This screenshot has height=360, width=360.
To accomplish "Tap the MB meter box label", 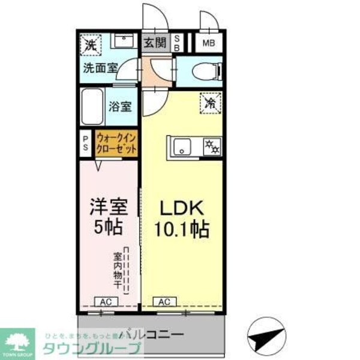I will pos(208,43).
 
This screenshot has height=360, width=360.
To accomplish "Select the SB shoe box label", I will pos(177,43).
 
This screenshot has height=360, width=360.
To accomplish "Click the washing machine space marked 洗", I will pos(91,44).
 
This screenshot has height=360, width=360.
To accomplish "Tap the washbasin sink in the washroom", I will pos(125,43).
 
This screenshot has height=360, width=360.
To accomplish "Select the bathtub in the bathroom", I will pos(92,107).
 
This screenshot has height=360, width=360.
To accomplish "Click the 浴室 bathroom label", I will pos(120,107).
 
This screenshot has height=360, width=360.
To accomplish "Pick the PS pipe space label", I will pos(85,143).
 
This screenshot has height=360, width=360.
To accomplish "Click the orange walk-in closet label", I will pos(116,144).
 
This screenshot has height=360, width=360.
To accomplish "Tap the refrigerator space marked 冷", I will pos(211,104).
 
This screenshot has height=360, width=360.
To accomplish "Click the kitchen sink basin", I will pos(182,146).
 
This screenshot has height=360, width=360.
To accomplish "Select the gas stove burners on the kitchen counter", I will pos(211,146).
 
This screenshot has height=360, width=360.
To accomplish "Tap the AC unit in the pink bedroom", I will pos(105,302).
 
